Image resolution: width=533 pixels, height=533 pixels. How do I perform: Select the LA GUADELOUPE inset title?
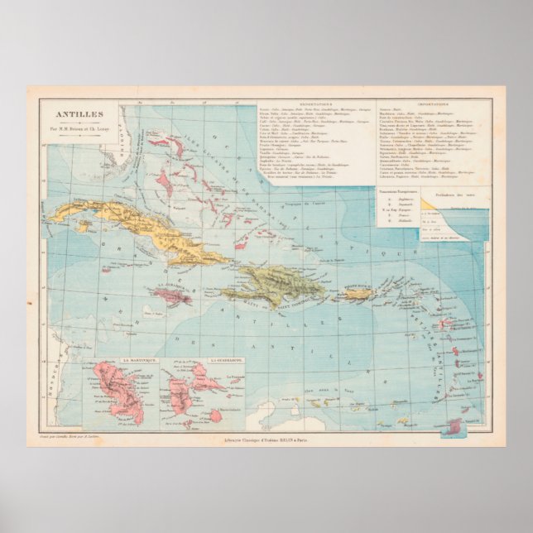click(x=199, y=362)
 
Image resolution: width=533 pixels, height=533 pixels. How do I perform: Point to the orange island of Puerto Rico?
click(x=361, y=294)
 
